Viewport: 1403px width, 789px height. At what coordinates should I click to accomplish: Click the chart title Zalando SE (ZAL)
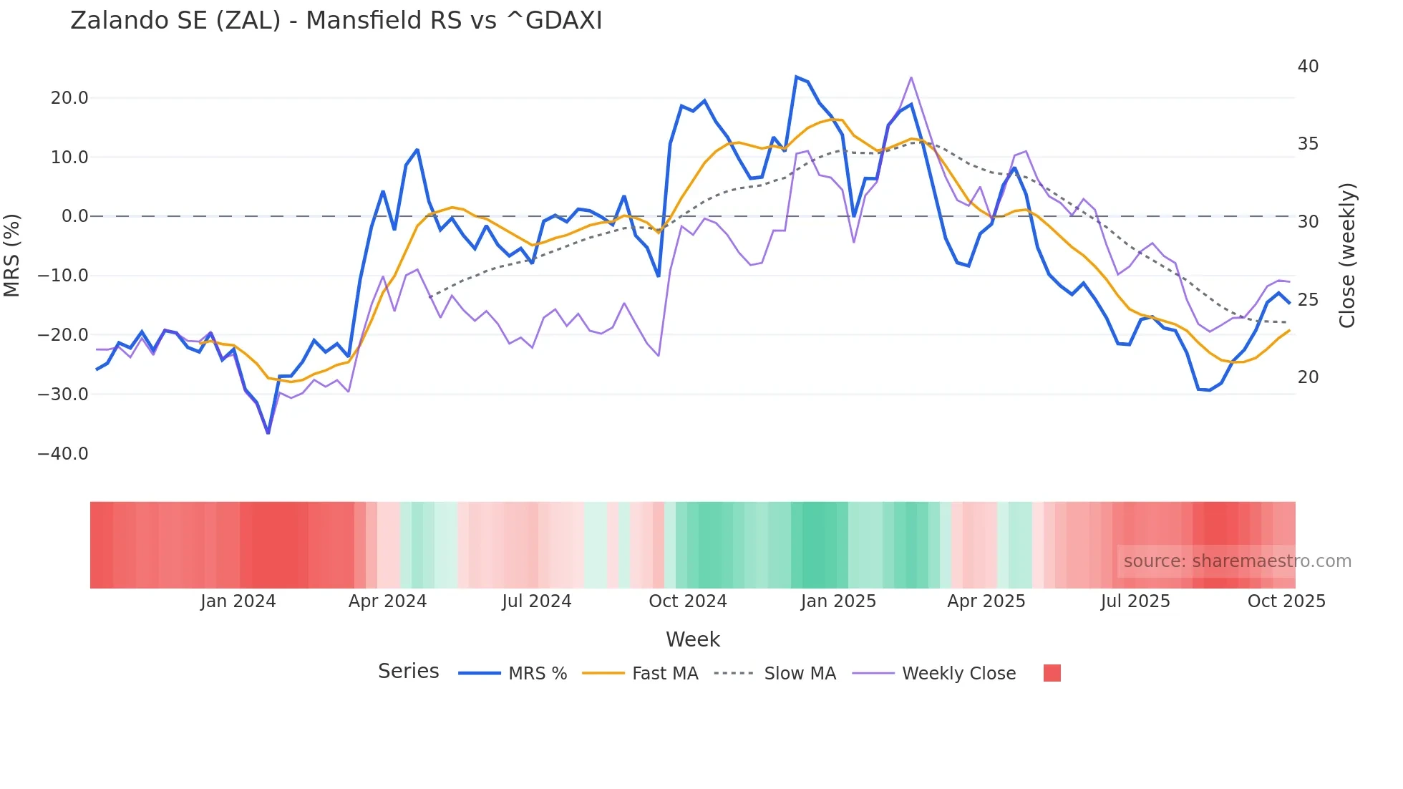tap(336, 21)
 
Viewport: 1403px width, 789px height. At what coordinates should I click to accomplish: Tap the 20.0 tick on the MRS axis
tap(69, 98)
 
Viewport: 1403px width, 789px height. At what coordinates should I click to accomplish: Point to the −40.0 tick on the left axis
tap(63, 454)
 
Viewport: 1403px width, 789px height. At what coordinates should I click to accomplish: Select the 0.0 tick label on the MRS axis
tap(75, 216)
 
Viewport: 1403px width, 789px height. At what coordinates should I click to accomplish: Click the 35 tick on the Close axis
tap(1308, 144)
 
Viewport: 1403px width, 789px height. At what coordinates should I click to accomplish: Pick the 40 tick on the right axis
tap(1308, 67)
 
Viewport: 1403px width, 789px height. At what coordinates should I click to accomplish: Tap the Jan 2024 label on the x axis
tap(238, 601)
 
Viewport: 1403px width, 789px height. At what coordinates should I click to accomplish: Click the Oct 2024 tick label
tap(687, 601)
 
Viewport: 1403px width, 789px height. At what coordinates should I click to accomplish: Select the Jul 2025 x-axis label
tap(1135, 601)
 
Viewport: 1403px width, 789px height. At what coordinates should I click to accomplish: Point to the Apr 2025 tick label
tap(986, 601)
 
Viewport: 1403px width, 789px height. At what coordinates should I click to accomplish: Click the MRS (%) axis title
tap(12, 256)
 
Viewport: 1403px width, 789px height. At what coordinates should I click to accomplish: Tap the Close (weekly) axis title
tap(1347, 256)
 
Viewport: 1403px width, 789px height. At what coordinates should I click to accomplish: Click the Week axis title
tap(693, 639)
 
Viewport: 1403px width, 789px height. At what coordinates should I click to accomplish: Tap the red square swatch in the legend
tap(1052, 673)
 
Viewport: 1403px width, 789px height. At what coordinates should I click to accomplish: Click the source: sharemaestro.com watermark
tap(1237, 561)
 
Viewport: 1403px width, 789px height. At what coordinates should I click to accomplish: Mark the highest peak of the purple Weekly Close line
tap(911, 77)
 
